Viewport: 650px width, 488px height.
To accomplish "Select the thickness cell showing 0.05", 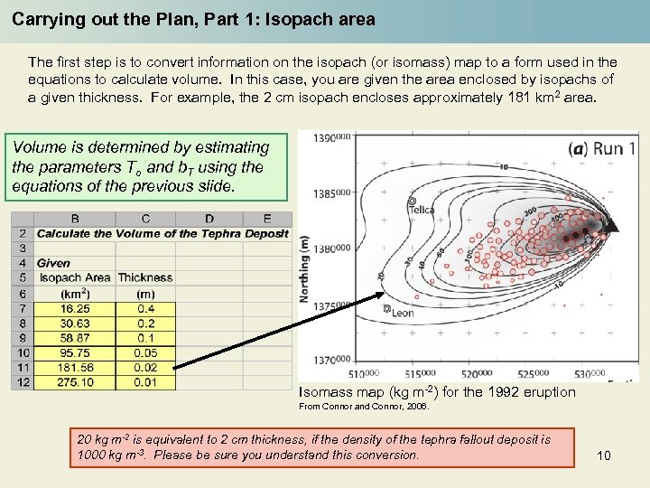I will [144, 353].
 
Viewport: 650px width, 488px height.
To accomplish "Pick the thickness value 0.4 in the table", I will [144, 308].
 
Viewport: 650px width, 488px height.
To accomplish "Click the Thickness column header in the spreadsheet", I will [144, 277].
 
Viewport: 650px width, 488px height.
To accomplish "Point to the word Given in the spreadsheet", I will [54, 263].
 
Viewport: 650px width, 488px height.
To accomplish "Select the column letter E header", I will [267, 218].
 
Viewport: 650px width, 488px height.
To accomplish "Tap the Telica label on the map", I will [421, 210].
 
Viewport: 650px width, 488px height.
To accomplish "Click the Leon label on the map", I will [402, 312].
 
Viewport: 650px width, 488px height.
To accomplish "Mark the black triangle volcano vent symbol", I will [613, 225].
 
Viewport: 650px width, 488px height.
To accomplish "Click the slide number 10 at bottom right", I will [604, 455].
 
